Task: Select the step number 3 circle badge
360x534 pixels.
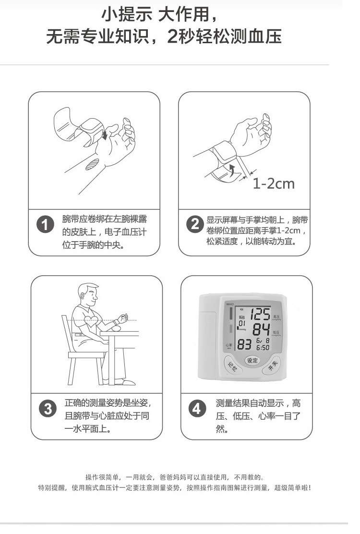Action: [x=48, y=409]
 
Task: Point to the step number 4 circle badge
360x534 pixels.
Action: [x=197, y=409]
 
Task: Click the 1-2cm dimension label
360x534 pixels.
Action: [x=273, y=183]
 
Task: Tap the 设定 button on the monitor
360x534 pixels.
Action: [x=252, y=360]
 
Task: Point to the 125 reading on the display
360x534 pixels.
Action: [x=261, y=315]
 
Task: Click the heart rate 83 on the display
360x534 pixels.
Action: [x=244, y=345]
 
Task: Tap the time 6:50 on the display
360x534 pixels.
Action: [x=262, y=348]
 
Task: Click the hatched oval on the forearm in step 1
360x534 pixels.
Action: [x=92, y=164]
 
